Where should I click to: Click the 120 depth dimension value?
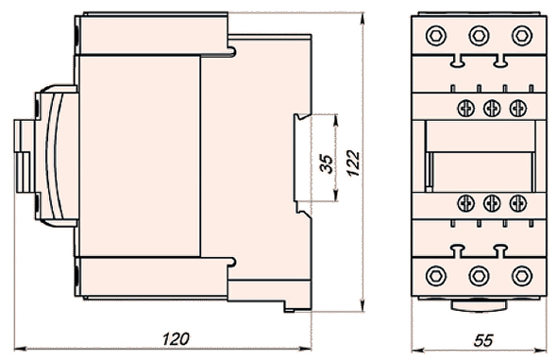point(176,339)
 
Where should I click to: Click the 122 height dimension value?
point(353,163)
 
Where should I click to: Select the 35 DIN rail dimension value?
point(327,163)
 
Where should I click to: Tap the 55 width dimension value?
point(483,340)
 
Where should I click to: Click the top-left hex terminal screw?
point(436,36)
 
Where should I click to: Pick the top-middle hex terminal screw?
point(479,36)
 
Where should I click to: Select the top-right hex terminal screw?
point(522,36)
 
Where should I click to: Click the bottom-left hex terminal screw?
point(436,275)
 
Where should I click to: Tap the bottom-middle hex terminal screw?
point(479,275)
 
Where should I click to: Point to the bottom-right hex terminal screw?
point(522,275)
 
